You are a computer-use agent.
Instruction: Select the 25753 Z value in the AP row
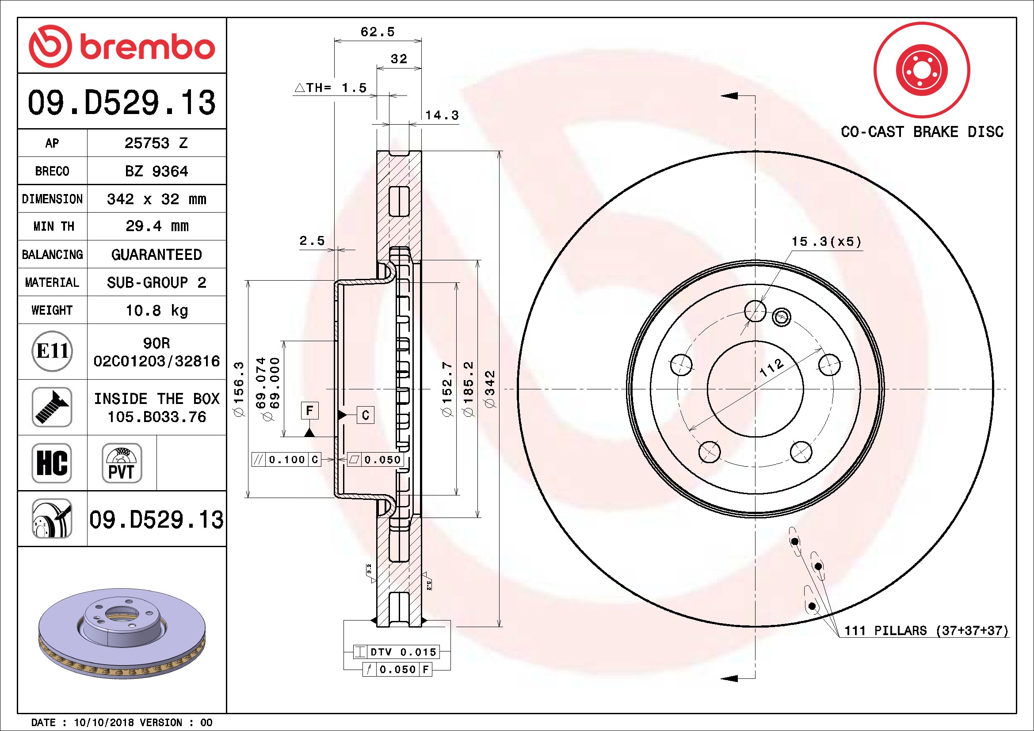[x=156, y=143]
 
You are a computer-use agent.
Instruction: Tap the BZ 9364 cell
[x=156, y=171]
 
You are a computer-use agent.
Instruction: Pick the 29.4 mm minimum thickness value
[x=157, y=226]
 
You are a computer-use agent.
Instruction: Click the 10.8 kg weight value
[x=157, y=310]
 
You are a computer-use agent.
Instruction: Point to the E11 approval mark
[x=52, y=351]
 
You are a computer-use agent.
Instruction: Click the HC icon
[x=52, y=463]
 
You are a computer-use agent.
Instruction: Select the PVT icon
[x=122, y=463]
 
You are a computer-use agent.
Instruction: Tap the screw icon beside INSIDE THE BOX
[x=52, y=407]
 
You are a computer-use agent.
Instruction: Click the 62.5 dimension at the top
[x=378, y=32]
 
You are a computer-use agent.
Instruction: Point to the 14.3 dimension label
[x=442, y=115]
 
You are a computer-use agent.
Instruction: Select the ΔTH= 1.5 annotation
[x=331, y=88]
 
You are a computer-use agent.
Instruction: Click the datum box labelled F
[x=309, y=411]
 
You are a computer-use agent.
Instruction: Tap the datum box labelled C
[x=365, y=415]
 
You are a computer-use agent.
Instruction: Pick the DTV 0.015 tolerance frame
[x=395, y=652]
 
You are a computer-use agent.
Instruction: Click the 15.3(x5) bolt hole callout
[x=826, y=242]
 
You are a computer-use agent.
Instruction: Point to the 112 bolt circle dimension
[x=771, y=368]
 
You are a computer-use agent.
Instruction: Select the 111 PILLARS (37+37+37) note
[x=926, y=631]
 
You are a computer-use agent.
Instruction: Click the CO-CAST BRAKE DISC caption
[x=922, y=131]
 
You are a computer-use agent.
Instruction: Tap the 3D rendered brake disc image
[x=122, y=633]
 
